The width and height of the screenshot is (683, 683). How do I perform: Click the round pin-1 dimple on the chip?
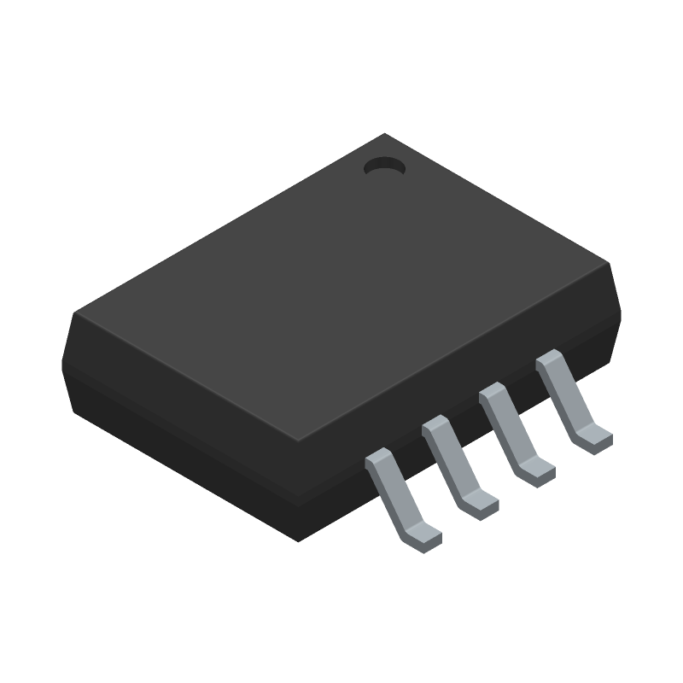coord(383,167)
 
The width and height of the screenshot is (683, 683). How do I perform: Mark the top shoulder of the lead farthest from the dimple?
coord(378,462)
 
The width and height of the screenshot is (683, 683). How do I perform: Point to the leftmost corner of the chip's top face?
coord(76,313)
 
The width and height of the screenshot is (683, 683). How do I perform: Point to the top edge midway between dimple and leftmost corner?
coord(231,224)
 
